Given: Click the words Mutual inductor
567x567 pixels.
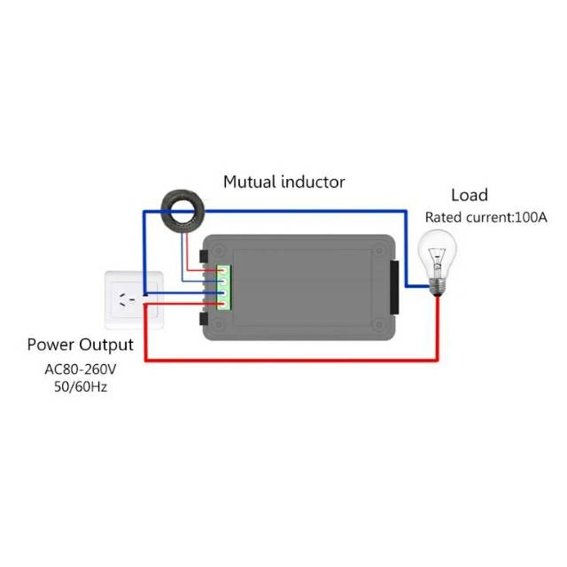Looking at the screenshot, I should pyautogui.click(x=283, y=183).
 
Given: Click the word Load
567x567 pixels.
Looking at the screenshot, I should pyautogui.click(x=469, y=196).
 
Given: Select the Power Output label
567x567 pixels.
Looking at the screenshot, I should pyautogui.click(x=80, y=345).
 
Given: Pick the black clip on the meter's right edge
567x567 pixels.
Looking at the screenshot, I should pyautogui.click(x=393, y=285).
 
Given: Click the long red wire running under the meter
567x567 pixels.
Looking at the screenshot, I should pyautogui.click(x=292, y=359).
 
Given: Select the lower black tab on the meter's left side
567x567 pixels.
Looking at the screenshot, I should pyautogui.click(x=205, y=317).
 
